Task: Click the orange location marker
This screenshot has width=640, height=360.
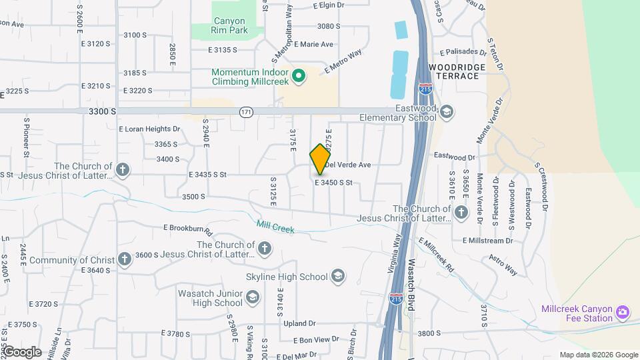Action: point(320,159)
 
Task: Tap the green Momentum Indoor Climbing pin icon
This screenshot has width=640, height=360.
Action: point(299,76)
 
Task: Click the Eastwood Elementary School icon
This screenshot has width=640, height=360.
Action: point(446,112)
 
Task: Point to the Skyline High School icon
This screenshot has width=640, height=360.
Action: point(338,277)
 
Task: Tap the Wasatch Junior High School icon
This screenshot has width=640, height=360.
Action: point(253,297)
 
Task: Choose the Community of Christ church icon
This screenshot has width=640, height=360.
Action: point(124,259)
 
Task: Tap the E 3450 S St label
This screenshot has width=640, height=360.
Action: point(343,183)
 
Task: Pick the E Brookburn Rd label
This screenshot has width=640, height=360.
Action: point(187,229)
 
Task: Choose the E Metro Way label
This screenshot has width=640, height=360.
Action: point(343,61)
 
